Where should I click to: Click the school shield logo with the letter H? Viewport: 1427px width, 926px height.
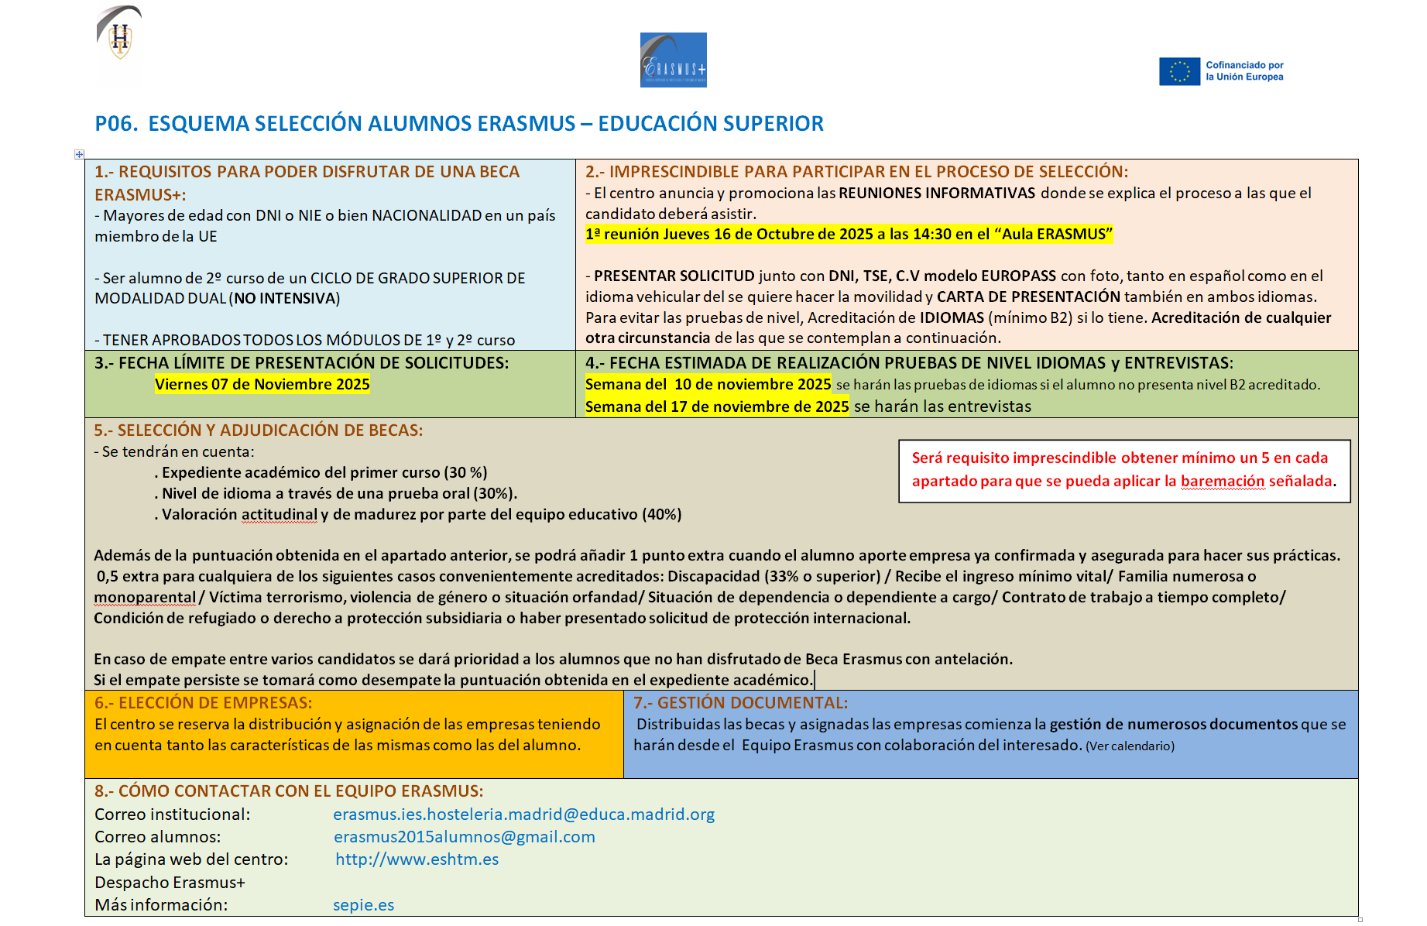119,38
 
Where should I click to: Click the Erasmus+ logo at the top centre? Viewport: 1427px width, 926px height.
673,60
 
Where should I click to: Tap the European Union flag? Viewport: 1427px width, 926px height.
1178,71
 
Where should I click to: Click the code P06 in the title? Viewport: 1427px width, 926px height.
116,124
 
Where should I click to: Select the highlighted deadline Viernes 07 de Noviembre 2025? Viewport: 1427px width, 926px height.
262,384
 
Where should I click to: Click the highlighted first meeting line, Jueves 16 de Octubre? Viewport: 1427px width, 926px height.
848,234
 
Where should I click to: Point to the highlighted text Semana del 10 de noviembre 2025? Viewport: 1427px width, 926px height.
708,384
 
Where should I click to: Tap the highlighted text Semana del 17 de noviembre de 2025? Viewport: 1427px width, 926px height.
716,406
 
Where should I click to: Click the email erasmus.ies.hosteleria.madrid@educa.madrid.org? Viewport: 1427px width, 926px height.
523,815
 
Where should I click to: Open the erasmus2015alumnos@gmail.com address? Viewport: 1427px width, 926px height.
464,837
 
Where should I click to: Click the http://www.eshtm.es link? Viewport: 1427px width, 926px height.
417,859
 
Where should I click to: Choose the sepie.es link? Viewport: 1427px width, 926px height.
363,905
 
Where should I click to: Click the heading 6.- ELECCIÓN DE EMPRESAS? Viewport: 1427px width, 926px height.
203,703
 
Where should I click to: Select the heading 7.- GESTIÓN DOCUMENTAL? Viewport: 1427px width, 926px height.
740,703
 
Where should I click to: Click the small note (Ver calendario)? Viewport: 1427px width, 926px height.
1130,746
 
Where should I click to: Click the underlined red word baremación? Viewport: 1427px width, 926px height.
1222,481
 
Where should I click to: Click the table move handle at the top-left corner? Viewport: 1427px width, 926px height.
79,154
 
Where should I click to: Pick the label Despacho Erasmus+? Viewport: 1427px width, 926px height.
170,883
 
